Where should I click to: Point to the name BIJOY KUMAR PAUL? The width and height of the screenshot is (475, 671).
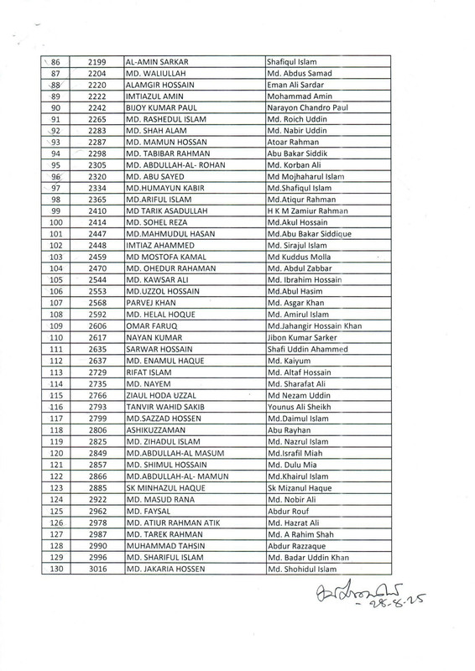click(x=160, y=109)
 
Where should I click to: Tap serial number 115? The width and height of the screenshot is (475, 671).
click(x=58, y=394)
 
